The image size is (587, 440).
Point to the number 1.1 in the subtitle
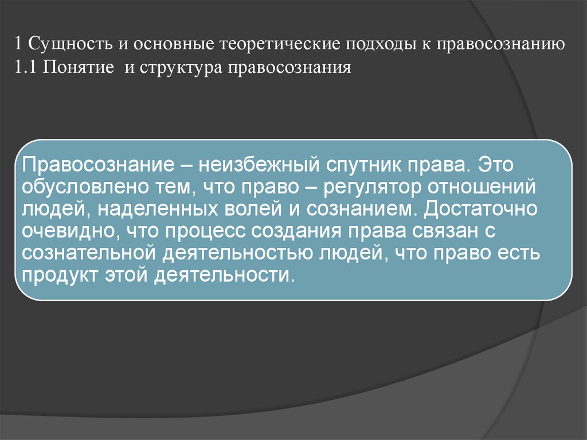tap(25, 68)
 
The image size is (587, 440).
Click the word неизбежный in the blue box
tap(259, 166)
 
